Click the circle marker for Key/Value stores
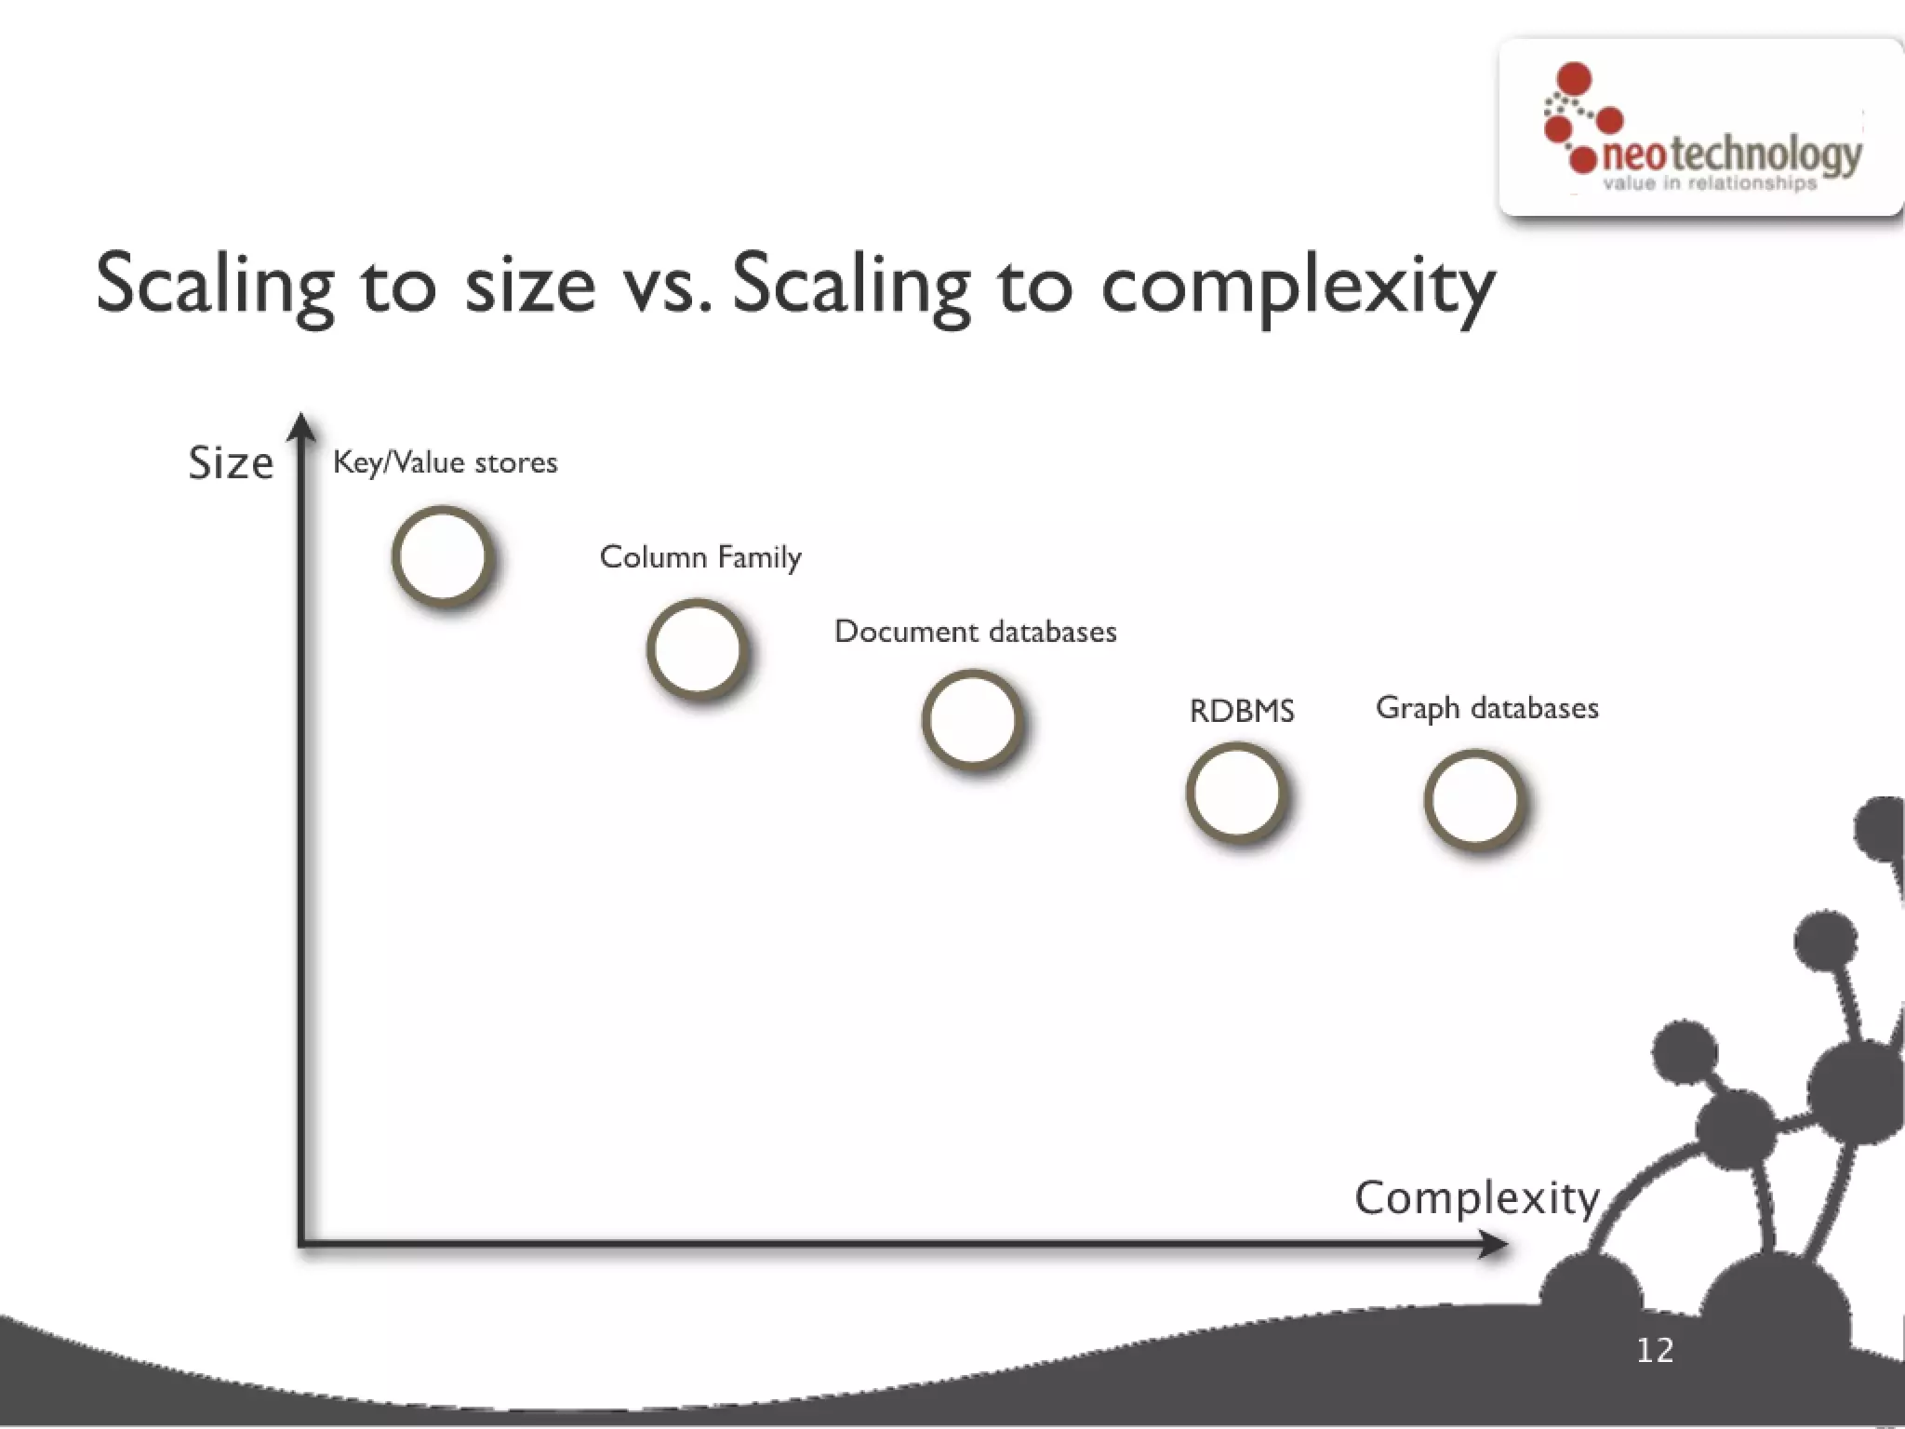442,556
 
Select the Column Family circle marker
698,648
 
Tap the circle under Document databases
972,720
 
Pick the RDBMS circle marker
1236,793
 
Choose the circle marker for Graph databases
1474,799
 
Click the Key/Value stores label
445,462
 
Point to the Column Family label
700,557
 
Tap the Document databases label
975,632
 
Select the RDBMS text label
1242,712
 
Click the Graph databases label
1486,708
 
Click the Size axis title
231,462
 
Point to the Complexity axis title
1476,1198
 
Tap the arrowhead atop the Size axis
300,427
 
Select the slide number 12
1655,1350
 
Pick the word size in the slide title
530,284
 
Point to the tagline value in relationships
1710,183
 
